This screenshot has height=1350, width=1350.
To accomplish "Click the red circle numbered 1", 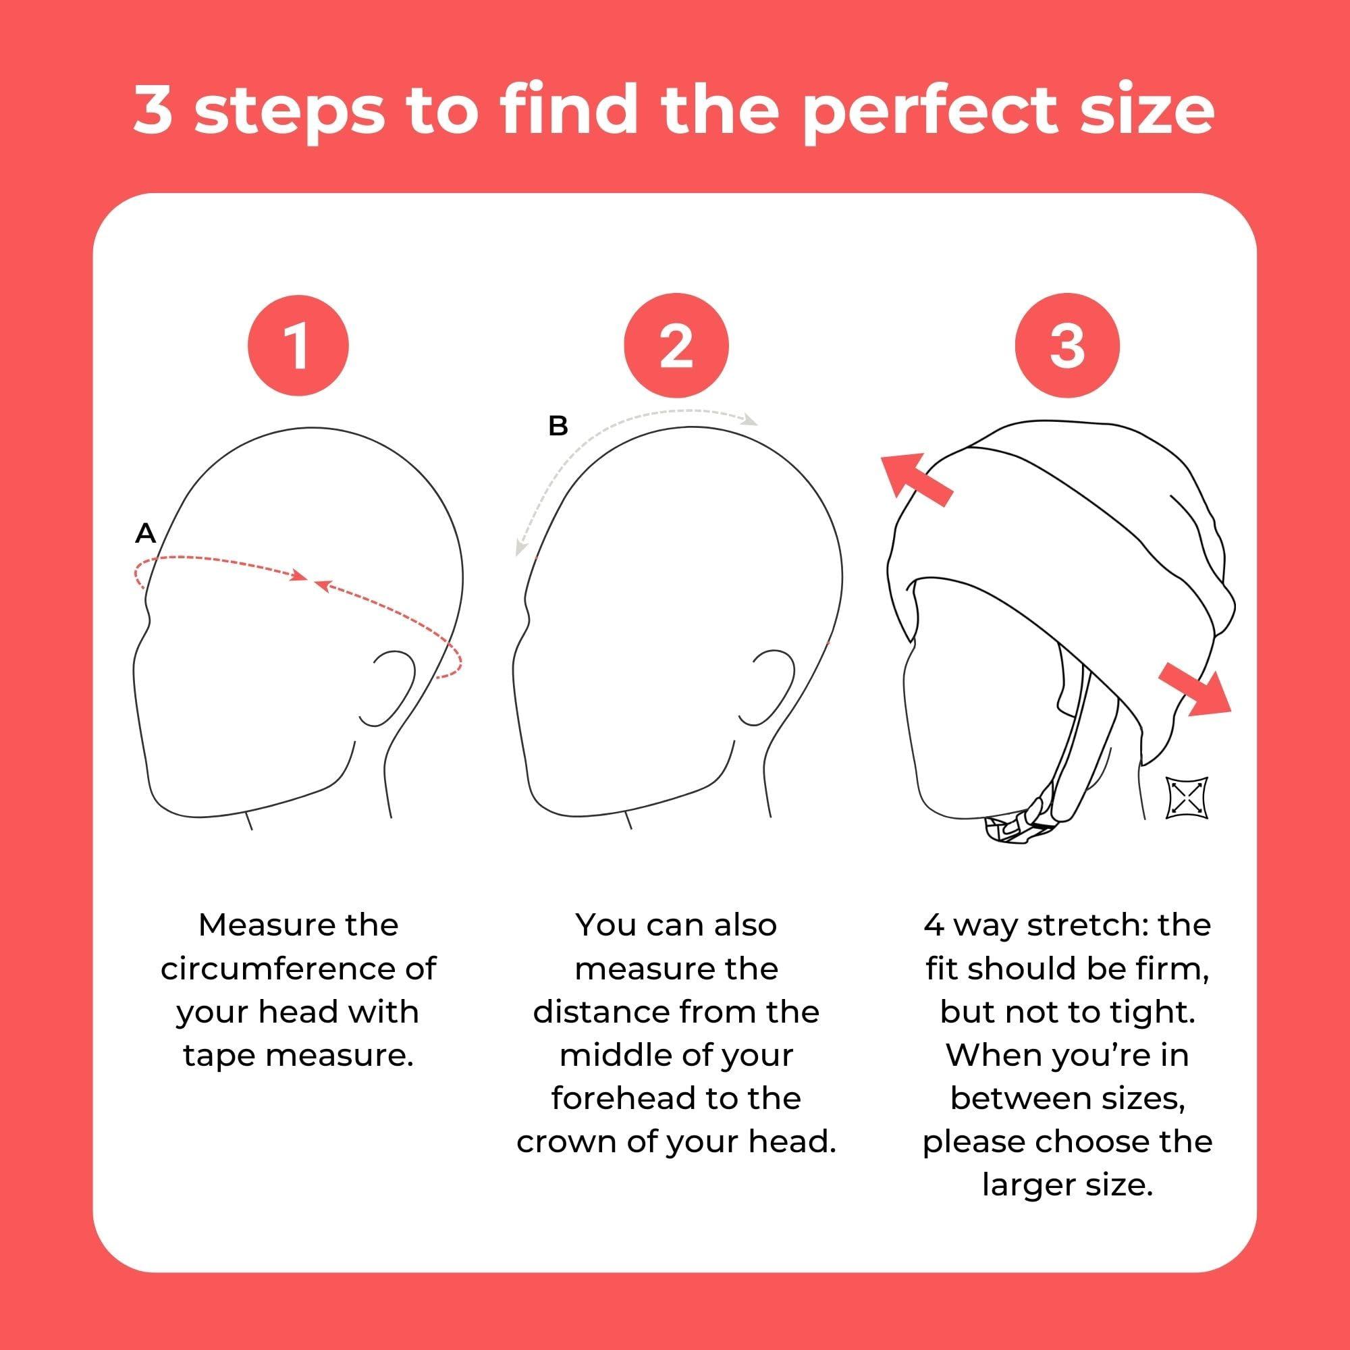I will click(x=298, y=345).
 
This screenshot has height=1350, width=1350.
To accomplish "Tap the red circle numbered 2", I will click(x=676, y=345).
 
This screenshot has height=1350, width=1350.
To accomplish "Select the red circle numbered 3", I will click(x=1066, y=345).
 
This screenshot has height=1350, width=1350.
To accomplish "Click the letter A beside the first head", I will click(x=145, y=534).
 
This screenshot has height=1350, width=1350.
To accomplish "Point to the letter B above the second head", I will click(x=558, y=425).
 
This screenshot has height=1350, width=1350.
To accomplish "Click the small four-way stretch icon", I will click(x=1187, y=797).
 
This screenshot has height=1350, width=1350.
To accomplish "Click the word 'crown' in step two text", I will click(x=556, y=1142).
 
